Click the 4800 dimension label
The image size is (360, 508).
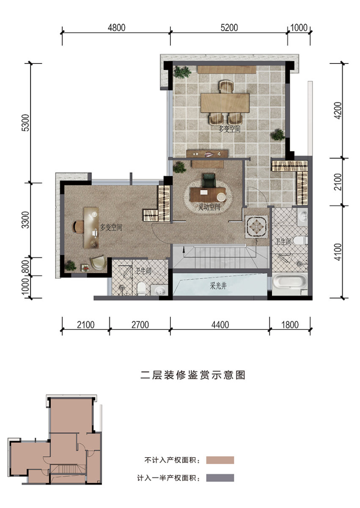point(116,28)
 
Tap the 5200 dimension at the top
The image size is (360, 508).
point(229,28)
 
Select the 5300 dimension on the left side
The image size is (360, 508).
point(27,123)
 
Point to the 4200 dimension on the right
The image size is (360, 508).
point(338,110)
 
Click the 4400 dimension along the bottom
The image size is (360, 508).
point(220,325)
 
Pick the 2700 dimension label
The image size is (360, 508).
point(140,325)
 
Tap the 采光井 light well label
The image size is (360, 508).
point(218,286)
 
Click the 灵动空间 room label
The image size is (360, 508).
point(209,207)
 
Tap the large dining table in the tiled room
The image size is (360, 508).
point(225,103)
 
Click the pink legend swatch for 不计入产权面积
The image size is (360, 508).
point(220,460)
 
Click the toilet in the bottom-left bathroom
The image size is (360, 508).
point(141,288)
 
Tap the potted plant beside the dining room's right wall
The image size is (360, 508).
point(278,135)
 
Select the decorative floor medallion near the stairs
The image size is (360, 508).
point(256,226)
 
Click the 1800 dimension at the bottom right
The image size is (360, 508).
point(290,325)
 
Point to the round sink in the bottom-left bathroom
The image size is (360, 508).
point(159,290)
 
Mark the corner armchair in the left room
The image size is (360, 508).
point(98,263)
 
